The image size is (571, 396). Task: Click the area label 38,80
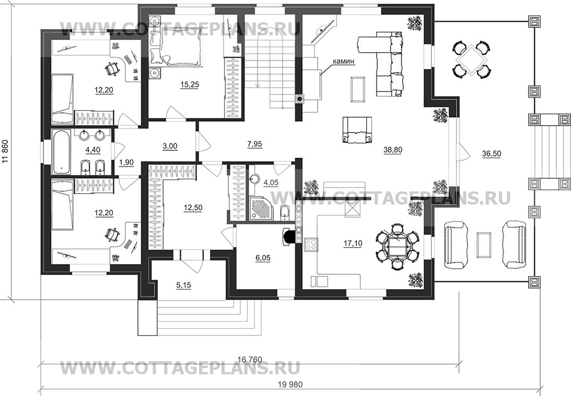394,151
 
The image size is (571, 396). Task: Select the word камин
343,61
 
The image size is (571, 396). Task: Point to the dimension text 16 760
249,359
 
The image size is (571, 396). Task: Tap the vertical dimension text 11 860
6,159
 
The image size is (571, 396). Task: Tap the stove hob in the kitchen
312,245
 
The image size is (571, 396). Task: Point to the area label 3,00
170,146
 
